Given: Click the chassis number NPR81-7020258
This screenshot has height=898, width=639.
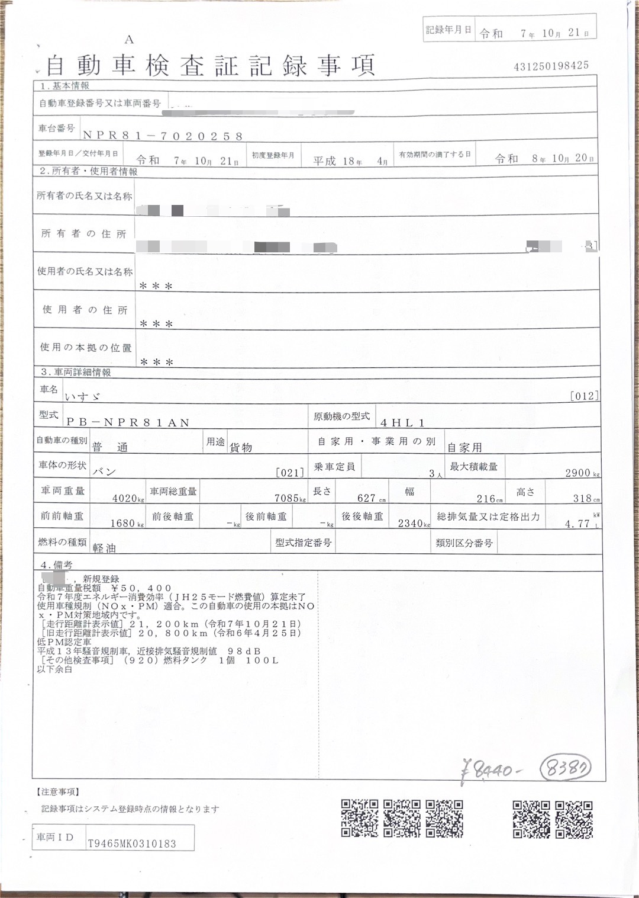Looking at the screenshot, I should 163,136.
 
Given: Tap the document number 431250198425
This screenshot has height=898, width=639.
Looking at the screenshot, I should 551,66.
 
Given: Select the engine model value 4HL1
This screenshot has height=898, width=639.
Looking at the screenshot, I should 402,423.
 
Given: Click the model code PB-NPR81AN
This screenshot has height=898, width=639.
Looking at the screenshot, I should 128,422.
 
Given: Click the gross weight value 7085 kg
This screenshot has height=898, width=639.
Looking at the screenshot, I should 289,498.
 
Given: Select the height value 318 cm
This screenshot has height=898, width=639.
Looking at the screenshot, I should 585,498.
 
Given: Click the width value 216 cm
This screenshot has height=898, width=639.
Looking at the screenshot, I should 489,499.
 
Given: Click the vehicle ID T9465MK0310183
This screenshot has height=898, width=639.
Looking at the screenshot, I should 132,844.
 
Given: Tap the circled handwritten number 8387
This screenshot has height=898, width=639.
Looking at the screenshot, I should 566,769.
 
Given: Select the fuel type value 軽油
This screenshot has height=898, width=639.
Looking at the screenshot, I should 104,548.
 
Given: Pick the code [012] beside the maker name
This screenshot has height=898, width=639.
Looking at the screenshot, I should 583,396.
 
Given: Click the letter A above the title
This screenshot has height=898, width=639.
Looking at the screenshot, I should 129,40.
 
